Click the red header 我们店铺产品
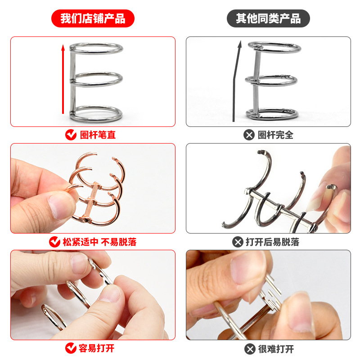pyautogui.click(x=92, y=19)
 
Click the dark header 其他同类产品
pyautogui.click(x=268, y=19)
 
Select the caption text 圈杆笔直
pyautogui.click(x=98, y=135)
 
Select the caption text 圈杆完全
pyautogui.click(x=275, y=135)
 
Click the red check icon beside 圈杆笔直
pyautogui.click(x=71, y=135)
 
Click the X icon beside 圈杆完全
pyautogui.click(x=248, y=135)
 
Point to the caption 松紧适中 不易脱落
pyautogui.click(x=99, y=242)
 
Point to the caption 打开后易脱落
pyautogui.click(x=272, y=242)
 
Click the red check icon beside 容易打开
pyautogui.click(x=71, y=348)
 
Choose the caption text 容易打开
pyautogui.click(x=97, y=348)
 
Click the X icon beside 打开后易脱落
pyautogui.click(x=238, y=242)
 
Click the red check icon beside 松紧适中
pyautogui.click(x=55, y=242)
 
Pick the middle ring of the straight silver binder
pyautogui.click(x=97, y=79)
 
